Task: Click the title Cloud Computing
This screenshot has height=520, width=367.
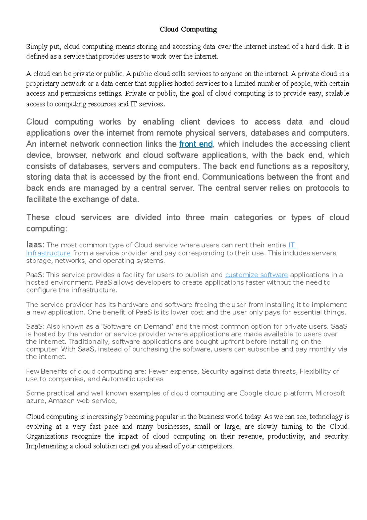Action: pos(188,29)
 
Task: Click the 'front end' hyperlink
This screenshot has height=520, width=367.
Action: pos(196,144)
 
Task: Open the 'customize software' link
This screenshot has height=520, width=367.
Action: pos(256,275)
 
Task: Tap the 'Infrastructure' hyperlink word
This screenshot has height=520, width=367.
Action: pos(48,253)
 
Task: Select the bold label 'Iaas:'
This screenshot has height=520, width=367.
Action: pos(35,245)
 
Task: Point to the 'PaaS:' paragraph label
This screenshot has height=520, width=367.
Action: pos(35,275)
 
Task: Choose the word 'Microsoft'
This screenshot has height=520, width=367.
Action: pos(330,393)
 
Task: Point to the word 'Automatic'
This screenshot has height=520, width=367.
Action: pos(117,379)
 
